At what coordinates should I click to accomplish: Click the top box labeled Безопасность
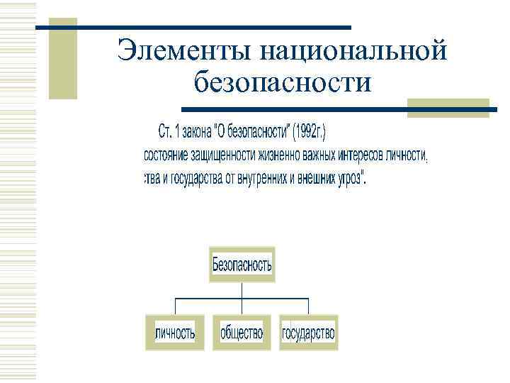coord(242,266)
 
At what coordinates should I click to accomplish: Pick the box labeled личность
coord(175,333)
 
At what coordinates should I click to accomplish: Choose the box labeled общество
coord(242,333)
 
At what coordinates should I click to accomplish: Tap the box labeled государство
coord(308,333)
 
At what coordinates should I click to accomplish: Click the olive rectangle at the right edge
coord(448,108)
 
